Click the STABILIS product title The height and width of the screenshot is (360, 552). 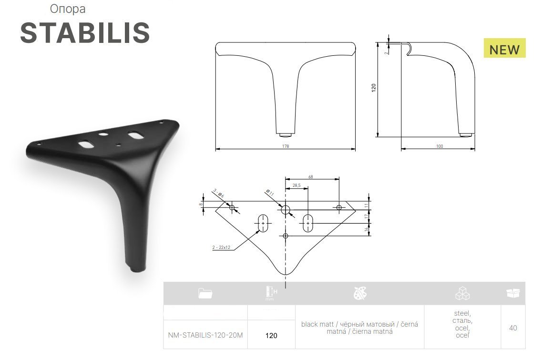[x=85, y=33]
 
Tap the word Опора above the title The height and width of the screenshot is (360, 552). [x=68, y=9]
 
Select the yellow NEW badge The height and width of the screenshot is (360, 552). [x=504, y=48]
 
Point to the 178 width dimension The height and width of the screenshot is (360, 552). [x=286, y=146]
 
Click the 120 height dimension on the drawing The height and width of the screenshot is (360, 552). [x=374, y=88]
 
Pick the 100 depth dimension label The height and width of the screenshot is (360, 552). [x=440, y=146]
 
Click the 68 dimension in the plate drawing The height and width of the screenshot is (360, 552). [x=310, y=177]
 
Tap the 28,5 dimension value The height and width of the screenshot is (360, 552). [x=296, y=185]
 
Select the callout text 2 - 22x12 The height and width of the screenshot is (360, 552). [x=221, y=247]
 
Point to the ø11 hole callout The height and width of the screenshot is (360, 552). [x=270, y=192]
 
